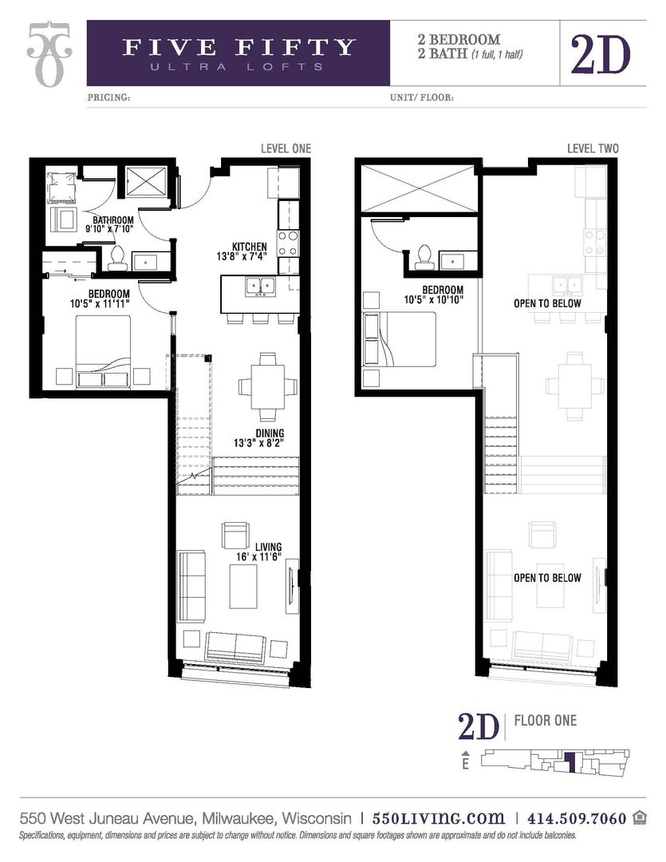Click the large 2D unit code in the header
pos(600,53)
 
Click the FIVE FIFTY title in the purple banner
pos(238,47)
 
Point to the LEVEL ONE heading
pos(286,148)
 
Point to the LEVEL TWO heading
pos(593,148)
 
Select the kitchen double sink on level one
pos(259,286)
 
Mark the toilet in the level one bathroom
pos(117,256)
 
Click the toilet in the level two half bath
pos(423,256)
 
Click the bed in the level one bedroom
pos(104,350)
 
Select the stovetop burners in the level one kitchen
pos(288,242)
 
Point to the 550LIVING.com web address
pos(439,818)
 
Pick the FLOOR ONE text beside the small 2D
pos(546,721)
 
